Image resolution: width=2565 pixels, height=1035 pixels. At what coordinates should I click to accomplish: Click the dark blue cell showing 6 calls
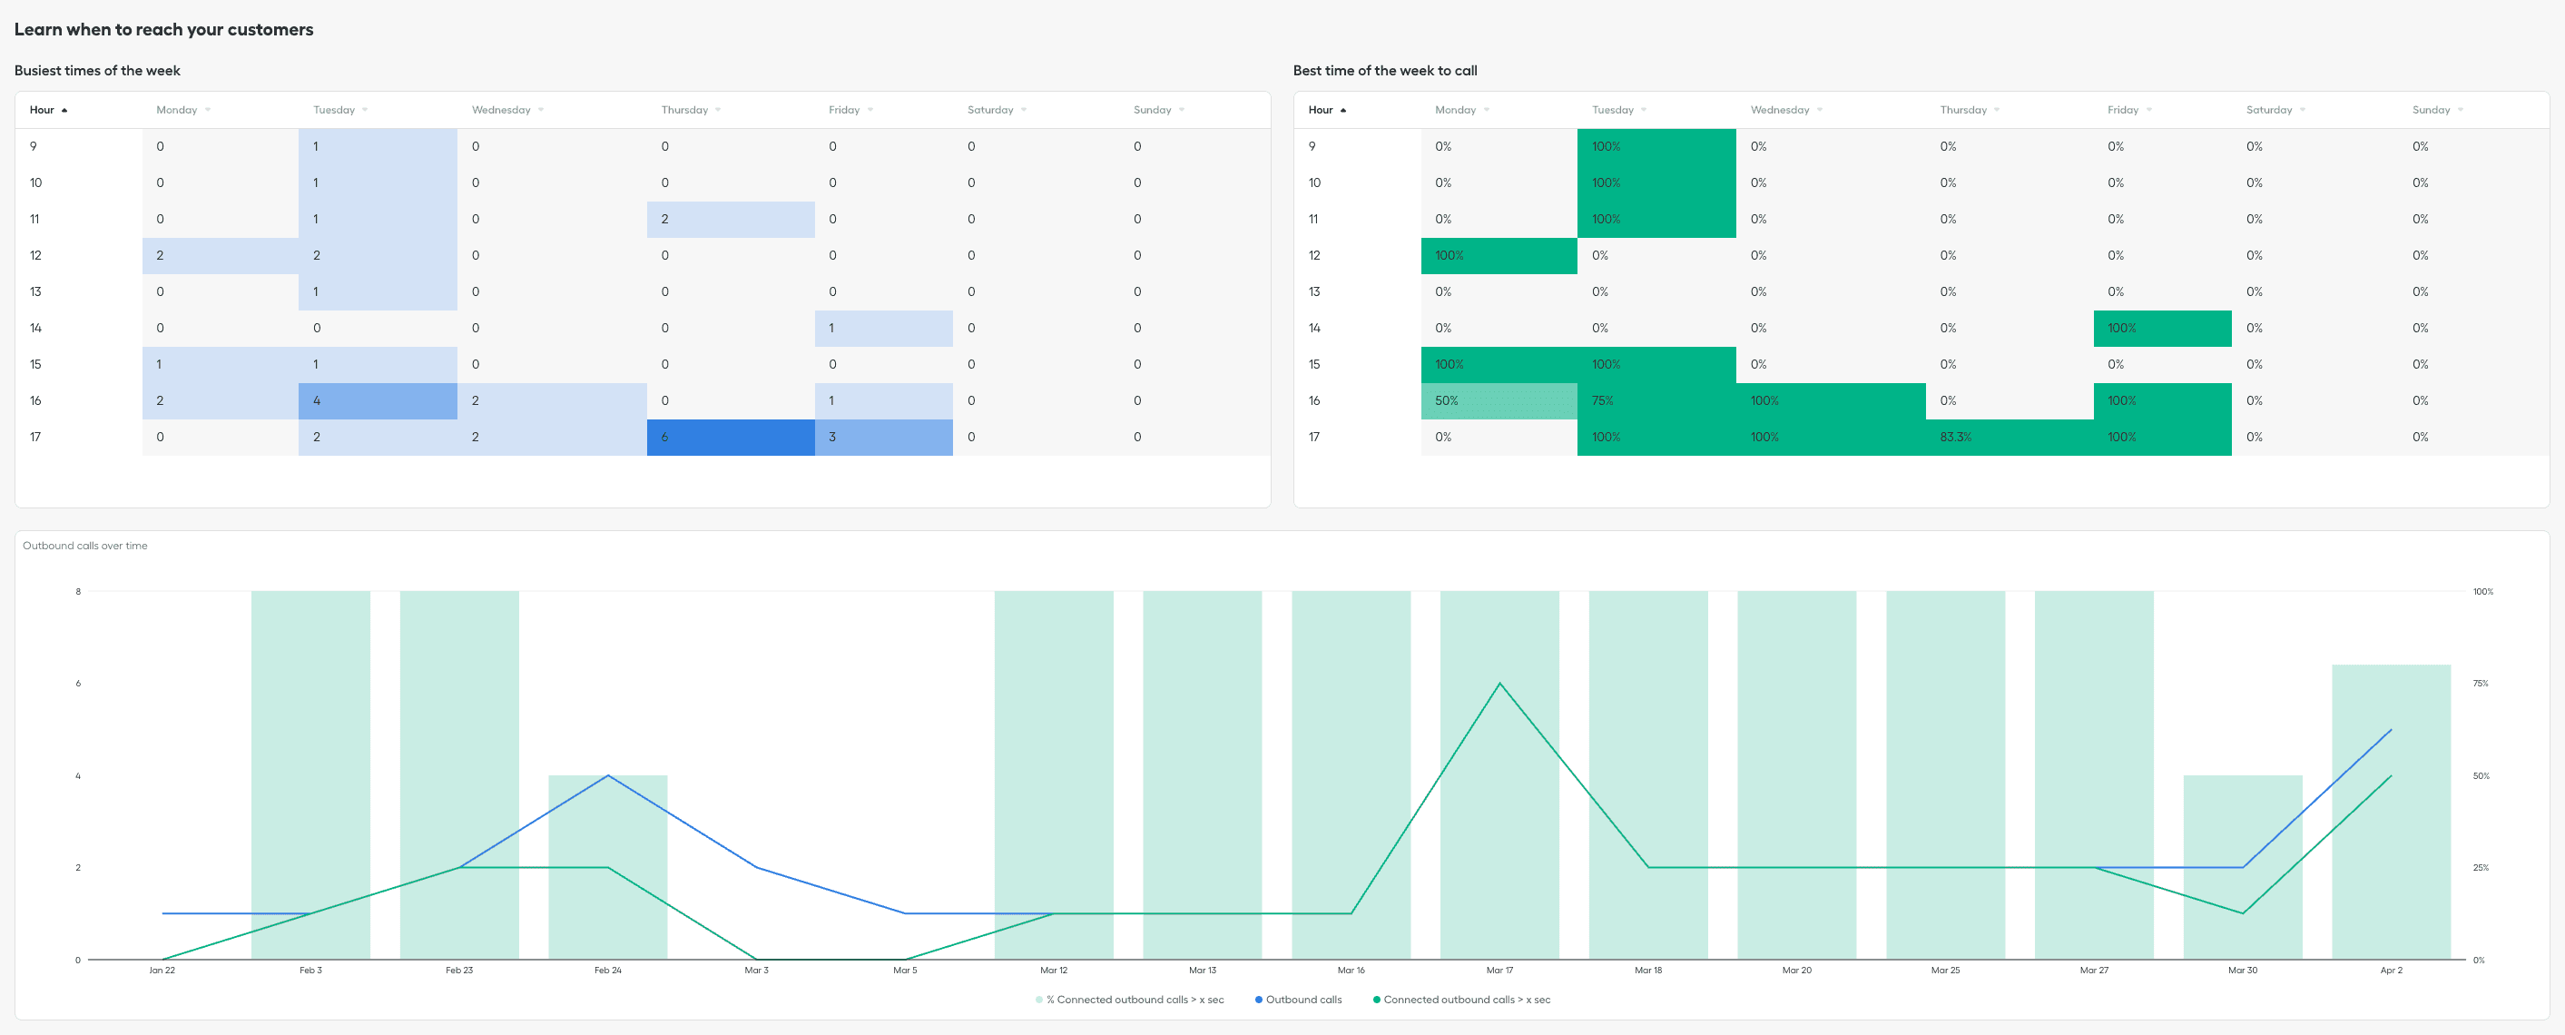(x=730, y=438)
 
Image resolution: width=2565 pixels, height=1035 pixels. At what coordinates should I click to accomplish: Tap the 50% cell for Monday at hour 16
(x=1498, y=401)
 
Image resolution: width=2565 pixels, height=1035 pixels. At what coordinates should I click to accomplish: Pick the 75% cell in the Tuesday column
(x=1655, y=401)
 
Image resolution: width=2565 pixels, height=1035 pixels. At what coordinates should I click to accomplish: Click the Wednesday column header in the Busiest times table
(x=501, y=111)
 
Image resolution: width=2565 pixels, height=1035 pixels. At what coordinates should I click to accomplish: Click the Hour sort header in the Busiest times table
(x=42, y=111)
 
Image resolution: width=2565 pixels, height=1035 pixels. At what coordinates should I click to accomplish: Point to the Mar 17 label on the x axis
(x=1499, y=971)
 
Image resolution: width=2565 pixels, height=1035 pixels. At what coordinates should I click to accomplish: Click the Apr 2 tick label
(x=2390, y=971)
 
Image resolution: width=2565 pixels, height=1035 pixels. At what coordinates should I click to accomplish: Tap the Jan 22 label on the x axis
(x=162, y=971)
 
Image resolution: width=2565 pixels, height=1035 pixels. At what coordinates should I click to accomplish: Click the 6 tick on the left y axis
(x=78, y=684)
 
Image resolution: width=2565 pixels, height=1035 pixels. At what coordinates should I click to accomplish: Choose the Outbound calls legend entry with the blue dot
(x=1302, y=1000)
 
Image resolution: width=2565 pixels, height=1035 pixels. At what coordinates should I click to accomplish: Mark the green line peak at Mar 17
(x=1499, y=684)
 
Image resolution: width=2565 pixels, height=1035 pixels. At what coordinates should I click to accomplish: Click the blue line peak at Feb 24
(x=607, y=776)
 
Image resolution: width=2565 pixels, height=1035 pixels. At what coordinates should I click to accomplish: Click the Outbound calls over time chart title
(x=85, y=546)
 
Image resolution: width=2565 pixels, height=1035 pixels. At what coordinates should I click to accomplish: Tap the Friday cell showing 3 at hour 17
(x=882, y=438)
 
